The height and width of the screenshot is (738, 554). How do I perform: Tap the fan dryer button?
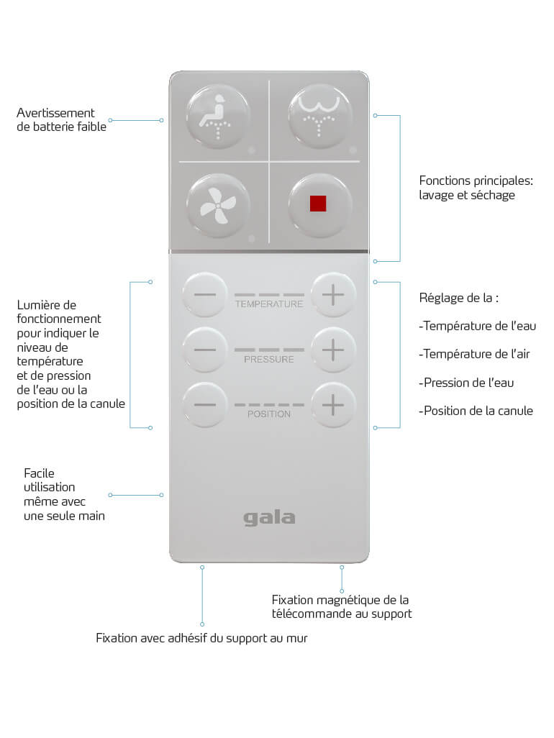tap(217, 206)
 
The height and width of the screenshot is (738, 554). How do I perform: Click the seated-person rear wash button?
tap(217, 117)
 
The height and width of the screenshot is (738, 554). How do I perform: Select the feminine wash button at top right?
tap(319, 117)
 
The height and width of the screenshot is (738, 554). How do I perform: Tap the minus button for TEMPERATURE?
tap(205, 295)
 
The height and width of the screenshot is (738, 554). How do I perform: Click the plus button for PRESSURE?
tap(333, 350)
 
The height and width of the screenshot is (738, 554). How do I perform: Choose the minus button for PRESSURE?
tap(205, 350)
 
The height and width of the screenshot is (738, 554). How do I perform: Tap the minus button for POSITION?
tap(205, 405)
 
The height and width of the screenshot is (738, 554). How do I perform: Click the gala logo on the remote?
tap(269, 518)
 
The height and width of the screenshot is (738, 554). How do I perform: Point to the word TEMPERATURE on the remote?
tap(269, 304)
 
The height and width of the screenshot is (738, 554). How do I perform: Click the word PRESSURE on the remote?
tap(269, 359)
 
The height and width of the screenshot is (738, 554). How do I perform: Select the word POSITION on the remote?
tap(269, 414)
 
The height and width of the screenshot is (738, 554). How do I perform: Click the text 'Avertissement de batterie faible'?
tap(62, 119)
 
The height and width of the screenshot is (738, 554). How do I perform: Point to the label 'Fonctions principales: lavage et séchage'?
tap(476, 188)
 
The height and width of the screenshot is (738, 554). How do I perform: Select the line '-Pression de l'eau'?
tap(466, 383)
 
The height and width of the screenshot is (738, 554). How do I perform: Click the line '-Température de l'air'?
tap(474, 354)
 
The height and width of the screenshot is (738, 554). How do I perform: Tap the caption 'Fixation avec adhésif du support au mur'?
tap(201, 638)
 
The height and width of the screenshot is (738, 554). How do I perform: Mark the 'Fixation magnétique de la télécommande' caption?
tap(342, 606)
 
